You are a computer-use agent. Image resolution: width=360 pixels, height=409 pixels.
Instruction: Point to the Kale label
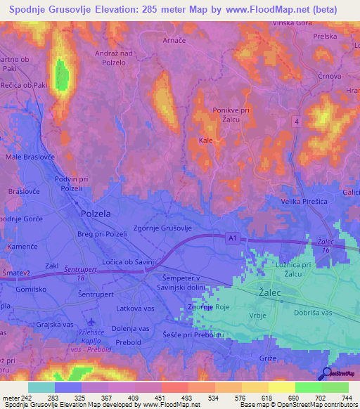[x=206, y=141]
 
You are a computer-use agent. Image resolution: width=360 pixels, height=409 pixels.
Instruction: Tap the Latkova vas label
[x=134, y=309]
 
